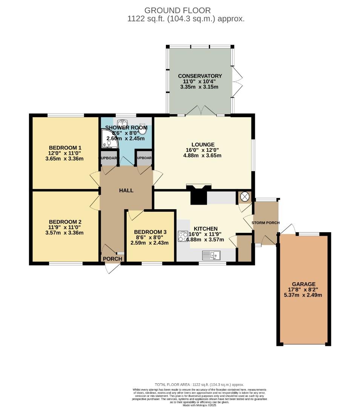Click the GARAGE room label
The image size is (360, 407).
coord(303,284)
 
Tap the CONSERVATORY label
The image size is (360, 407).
coord(200,76)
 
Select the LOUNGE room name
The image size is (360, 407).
coord(203,144)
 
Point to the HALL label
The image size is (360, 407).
coord(126,190)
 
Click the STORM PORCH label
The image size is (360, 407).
coord(266,223)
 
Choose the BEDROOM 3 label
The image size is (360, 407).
coord(150,232)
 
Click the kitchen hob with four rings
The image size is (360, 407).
coord(183,236)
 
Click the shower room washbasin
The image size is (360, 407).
coord(122,123)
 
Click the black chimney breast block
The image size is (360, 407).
coord(198,196)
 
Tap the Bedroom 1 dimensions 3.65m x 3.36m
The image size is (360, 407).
coord(64,159)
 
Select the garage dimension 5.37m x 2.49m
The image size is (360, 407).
coord(303,295)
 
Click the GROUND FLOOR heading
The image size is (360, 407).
coord(178,11)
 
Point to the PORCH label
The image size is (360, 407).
coord(112,259)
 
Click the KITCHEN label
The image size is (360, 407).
coord(205,228)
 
